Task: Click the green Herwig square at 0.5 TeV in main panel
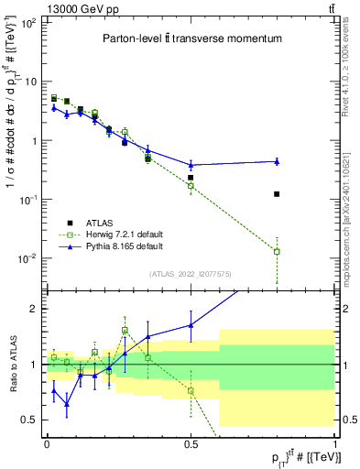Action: (191, 186)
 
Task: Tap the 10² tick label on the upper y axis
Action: (27, 23)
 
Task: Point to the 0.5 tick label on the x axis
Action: (191, 442)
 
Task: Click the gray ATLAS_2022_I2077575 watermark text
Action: (191, 274)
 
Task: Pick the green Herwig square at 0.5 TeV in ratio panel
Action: (191, 390)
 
